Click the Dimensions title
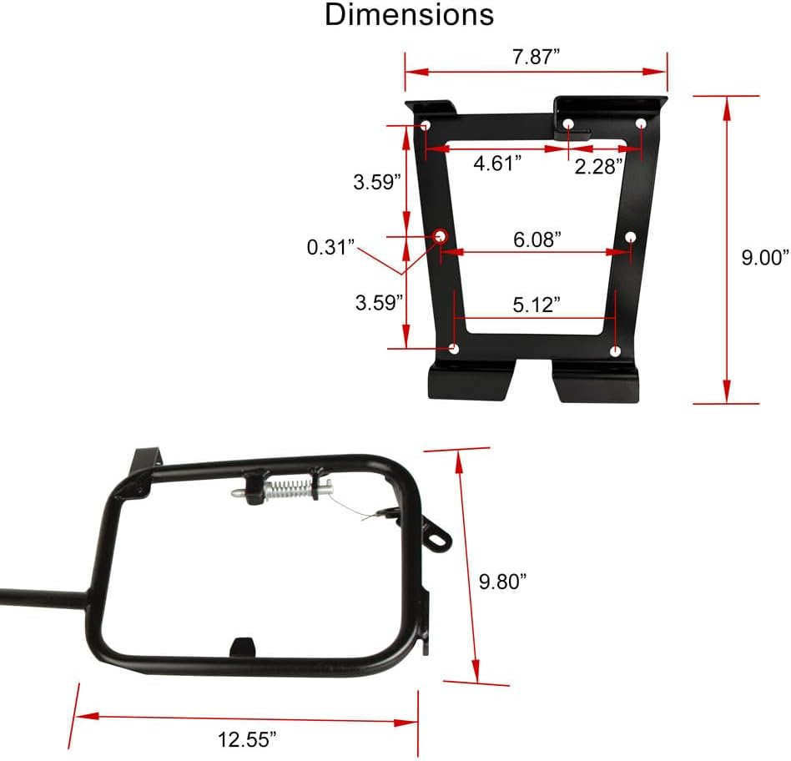(409, 15)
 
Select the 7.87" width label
(536, 58)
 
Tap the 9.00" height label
(765, 258)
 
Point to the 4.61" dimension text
(497, 164)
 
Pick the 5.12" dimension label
(535, 305)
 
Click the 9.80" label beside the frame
(504, 582)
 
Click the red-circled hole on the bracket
(439, 237)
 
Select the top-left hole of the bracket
(426, 126)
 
